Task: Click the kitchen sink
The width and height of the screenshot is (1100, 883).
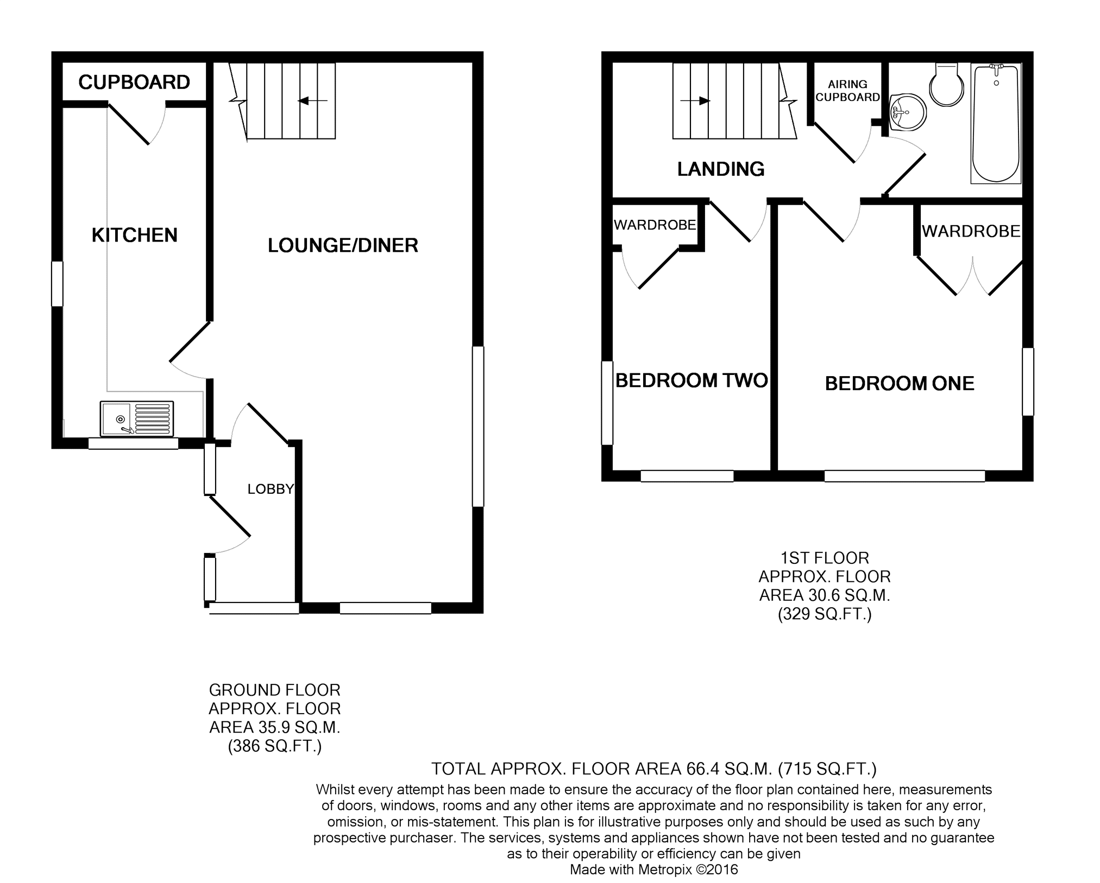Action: pos(137,418)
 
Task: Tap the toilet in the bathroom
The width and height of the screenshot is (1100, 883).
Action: pos(947,85)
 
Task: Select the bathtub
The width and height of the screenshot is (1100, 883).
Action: pos(996,123)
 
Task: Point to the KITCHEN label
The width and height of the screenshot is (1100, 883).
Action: pos(135,235)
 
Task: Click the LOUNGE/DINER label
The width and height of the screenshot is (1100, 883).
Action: pos(343,245)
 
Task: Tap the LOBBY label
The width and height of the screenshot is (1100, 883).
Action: pos(271,489)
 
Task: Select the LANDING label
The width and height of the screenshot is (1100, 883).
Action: pos(721,169)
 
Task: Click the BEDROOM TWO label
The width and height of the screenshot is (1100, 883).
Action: pos(692,380)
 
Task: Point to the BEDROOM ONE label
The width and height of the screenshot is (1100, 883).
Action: pos(900,384)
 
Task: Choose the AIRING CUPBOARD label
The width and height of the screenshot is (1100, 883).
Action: pos(847,91)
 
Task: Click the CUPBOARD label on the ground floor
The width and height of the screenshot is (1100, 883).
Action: pos(134,82)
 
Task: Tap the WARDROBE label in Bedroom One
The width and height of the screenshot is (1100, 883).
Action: pos(971,231)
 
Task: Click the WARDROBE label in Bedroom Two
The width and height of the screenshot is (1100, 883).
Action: pos(655,225)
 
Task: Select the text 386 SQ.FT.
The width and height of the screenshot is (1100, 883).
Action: pos(274,747)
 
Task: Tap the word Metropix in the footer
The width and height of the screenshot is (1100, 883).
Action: pos(665,870)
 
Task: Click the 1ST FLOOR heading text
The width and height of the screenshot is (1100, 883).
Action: pos(825,558)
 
